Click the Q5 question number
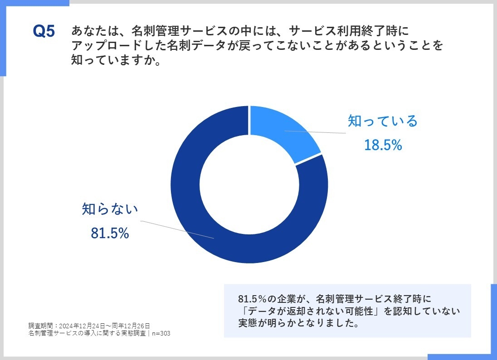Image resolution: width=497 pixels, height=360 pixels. (44, 32)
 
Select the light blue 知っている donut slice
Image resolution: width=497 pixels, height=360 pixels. (281, 131)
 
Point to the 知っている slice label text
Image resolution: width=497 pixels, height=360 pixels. (382, 121)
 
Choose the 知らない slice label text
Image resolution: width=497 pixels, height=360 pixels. (110, 209)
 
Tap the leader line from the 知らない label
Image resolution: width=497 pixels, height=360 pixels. (177, 229)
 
